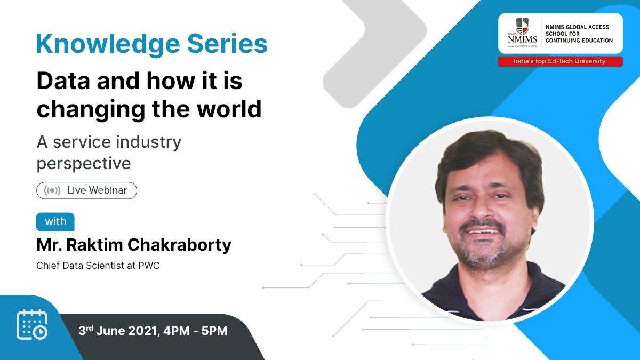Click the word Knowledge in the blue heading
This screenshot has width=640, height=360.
coord(108,44)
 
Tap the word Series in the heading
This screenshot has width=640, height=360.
coord(227,43)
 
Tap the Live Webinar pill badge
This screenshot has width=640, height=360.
coord(86,190)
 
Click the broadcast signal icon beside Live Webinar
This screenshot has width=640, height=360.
coord(52,190)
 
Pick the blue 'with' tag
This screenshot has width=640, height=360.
coord(55,222)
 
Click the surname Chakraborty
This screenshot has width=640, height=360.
coord(179,245)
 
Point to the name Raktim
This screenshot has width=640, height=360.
coord(95,245)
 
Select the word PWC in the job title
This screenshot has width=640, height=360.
coord(149,266)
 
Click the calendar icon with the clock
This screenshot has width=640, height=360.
coord(32,325)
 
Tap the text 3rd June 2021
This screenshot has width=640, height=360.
coord(118,331)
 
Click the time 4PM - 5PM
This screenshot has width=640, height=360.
coord(195,331)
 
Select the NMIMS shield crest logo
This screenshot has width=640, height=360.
coord(522,26)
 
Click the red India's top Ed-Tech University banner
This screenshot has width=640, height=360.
coord(561,61)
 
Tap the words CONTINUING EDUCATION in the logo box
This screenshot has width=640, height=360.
coord(579,41)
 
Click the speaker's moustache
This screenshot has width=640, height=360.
coord(483,226)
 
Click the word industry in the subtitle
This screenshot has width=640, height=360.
coord(149,142)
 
